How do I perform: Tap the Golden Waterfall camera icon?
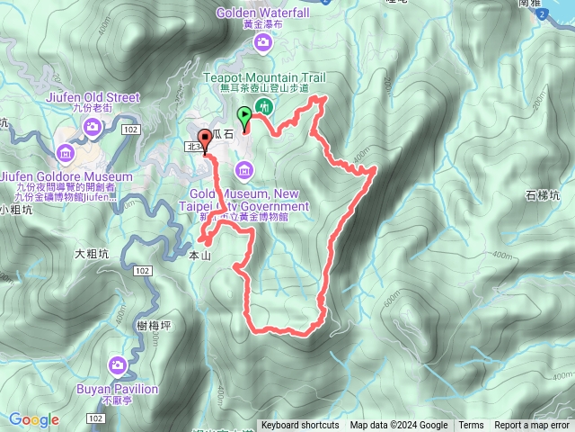[x=261, y=42]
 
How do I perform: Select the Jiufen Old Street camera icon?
[x=93, y=128]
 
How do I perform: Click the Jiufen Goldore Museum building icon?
[x=66, y=151]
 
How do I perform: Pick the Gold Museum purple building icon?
[x=243, y=169]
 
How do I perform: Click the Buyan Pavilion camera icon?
[x=117, y=364]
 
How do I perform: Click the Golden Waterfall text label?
[x=261, y=13]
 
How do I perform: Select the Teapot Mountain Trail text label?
[x=262, y=78]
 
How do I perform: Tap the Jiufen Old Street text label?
[x=93, y=97]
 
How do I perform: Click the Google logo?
[x=34, y=419]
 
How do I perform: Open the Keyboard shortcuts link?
[x=300, y=426]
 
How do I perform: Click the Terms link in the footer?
[x=471, y=426]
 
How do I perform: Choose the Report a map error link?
[x=533, y=426]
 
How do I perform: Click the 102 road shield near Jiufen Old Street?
[x=131, y=130]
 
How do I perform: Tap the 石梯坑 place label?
[x=543, y=194]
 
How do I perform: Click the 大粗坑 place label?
[x=91, y=256]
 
